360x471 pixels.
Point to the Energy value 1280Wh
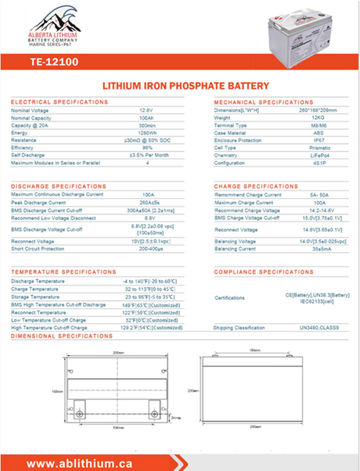[x=146, y=133]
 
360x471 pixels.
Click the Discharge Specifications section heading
[x=60, y=185]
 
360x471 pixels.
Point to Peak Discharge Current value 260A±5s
[x=147, y=202]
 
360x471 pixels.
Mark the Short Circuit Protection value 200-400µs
[x=147, y=248]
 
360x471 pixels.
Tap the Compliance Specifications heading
[x=264, y=271]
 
